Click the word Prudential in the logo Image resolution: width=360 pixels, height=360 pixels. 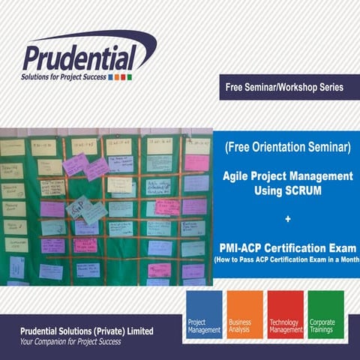[79, 57]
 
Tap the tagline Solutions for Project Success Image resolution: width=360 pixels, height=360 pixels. [64, 76]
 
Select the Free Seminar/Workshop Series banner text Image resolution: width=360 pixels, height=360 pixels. [284, 88]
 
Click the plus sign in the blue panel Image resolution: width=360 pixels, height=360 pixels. [288, 219]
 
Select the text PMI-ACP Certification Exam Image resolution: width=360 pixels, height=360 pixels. [288, 247]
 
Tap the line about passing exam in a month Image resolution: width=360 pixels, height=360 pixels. [288, 259]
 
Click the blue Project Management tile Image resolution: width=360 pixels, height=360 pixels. [203, 314]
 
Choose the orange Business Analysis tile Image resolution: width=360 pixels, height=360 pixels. [244, 314]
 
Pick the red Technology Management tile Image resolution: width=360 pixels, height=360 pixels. [286, 314]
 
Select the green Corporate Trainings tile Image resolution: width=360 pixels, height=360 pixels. [326, 314]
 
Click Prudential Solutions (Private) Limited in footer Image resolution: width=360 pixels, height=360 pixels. [87, 331]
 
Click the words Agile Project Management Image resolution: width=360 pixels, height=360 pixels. [288, 176]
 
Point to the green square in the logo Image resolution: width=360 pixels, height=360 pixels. [129, 76]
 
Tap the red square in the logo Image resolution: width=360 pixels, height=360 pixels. [123, 76]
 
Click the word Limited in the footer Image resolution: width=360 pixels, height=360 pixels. [136, 331]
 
